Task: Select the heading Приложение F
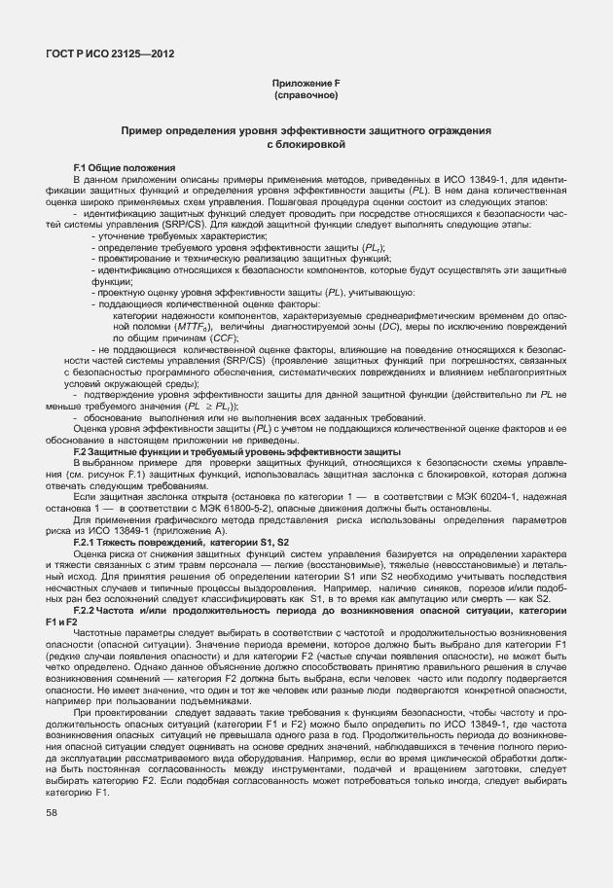pos(306,85)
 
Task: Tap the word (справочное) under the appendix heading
pos(306,96)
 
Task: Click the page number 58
pos(51,811)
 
